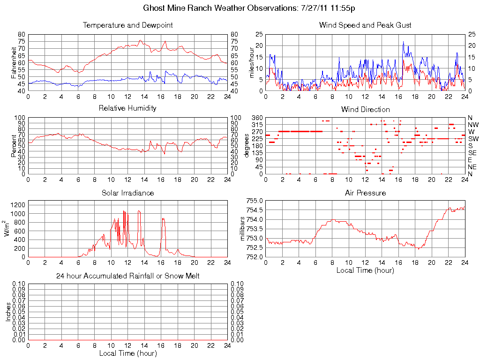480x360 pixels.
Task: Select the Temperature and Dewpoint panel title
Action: (127, 25)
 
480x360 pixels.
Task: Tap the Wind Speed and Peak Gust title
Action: (365, 25)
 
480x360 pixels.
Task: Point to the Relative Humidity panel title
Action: (127, 108)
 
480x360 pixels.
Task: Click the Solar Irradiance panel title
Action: (127, 193)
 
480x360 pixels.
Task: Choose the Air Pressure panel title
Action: (365, 193)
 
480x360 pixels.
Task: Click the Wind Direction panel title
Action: (365, 109)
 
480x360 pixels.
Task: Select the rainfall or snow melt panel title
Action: (127, 276)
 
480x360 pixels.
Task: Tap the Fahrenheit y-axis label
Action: (14, 62)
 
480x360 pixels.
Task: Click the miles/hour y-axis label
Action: (252, 62)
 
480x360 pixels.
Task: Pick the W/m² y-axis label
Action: (7, 228)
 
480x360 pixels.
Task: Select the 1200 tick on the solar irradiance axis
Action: (17, 204)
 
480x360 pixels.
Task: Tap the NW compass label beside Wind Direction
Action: (472, 125)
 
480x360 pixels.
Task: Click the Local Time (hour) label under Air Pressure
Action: (365, 270)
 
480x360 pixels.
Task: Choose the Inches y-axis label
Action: (8, 312)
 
